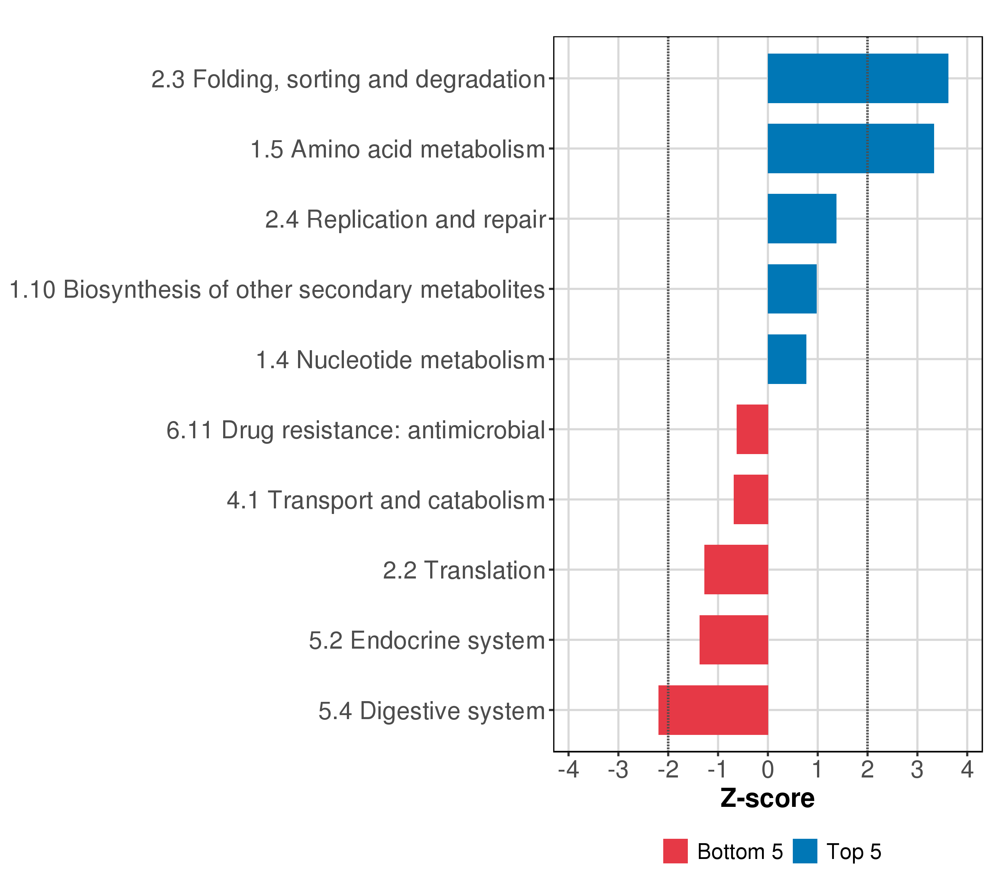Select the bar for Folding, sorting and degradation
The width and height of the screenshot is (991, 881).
[858, 79]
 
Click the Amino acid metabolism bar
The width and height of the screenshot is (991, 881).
[851, 148]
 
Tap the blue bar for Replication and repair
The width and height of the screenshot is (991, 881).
[802, 219]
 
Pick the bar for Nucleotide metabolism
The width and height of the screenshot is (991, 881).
[787, 359]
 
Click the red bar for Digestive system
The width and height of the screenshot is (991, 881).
[713, 710]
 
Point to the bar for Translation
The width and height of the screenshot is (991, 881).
[736, 570]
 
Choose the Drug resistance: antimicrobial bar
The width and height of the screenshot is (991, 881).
[752, 429]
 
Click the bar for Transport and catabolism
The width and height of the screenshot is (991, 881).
[751, 499]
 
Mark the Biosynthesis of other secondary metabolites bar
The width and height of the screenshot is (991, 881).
[792, 289]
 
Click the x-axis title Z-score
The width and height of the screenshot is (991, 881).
[767, 798]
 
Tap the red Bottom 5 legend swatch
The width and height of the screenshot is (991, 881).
[675, 851]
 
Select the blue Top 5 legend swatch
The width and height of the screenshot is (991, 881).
[805, 851]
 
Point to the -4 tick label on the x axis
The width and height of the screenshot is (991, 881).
[569, 770]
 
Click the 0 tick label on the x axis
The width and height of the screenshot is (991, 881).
[767, 770]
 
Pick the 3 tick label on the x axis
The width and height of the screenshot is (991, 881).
[917, 770]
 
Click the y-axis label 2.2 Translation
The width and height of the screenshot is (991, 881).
[464, 570]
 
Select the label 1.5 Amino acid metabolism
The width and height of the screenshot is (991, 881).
[398, 149]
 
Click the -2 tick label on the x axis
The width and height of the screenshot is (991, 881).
[668, 770]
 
